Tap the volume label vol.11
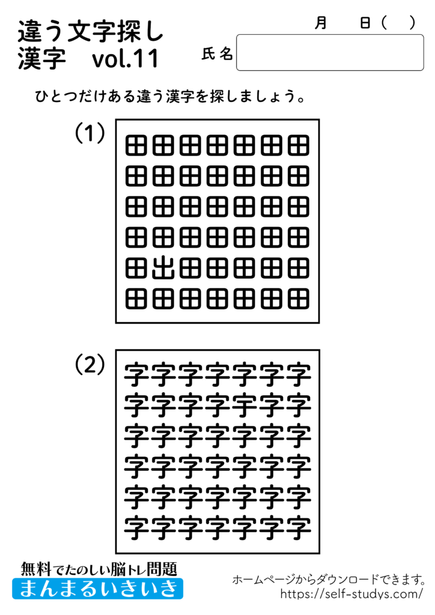[126, 59]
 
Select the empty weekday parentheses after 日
[398, 23]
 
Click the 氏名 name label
[217, 55]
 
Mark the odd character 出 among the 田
[163, 268]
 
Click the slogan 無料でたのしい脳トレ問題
[99, 568]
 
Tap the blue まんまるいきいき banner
[98, 588]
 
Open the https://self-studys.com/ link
[351, 594]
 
